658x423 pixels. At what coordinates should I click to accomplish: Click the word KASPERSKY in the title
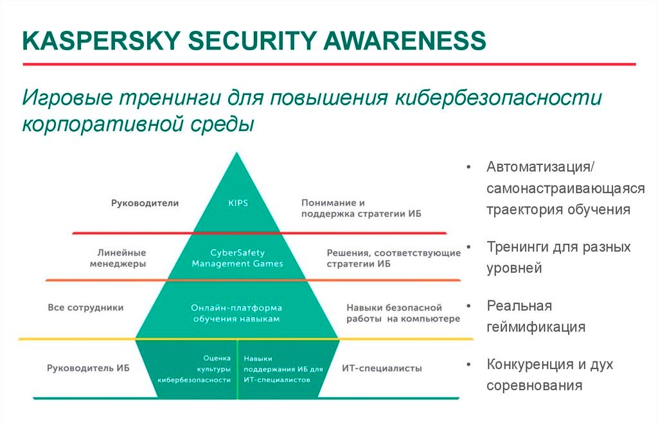(102, 40)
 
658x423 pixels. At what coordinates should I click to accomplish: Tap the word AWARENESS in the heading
(405, 40)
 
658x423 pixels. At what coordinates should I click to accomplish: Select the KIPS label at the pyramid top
(238, 203)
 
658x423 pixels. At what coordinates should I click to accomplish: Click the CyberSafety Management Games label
(238, 258)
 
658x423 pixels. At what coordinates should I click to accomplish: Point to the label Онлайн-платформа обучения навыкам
(236, 313)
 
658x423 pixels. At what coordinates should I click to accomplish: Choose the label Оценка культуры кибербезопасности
(194, 369)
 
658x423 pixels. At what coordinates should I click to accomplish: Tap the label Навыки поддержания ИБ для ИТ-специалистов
(283, 369)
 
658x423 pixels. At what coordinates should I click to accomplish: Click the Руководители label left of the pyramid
(145, 203)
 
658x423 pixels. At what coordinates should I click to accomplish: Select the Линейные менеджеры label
(118, 258)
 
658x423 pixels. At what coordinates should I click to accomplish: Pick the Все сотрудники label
(85, 307)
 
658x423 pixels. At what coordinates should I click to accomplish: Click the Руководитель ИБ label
(88, 368)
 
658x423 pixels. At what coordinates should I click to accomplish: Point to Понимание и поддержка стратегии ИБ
(361, 209)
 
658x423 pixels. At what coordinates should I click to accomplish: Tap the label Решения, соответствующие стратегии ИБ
(394, 258)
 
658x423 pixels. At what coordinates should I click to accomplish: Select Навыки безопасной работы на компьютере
(403, 313)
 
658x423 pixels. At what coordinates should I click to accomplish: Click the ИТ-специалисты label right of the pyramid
(382, 368)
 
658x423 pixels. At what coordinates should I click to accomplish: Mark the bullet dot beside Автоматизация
(468, 168)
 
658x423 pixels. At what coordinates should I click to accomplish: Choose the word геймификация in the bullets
(536, 327)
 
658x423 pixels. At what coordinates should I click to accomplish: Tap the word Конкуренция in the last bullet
(530, 365)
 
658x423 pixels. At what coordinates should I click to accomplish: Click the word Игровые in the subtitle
(67, 98)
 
